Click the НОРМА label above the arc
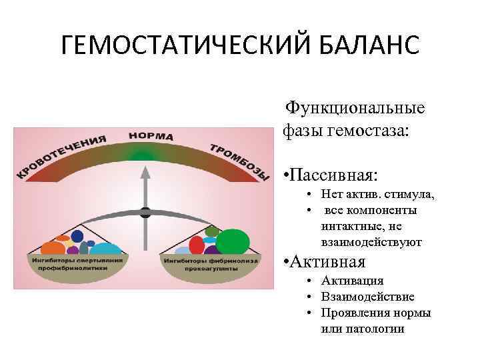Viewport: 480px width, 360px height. (x=151, y=135)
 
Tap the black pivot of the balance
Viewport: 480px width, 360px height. (x=145, y=213)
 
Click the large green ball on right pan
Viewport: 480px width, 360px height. (x=232, y=242)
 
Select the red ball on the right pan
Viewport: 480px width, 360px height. (x=197, y=245)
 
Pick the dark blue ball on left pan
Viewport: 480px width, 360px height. (x=78, y=236)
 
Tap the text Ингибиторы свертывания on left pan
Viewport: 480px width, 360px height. (x=75, y=260)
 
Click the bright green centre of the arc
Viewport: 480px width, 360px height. (x=143, y=156)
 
